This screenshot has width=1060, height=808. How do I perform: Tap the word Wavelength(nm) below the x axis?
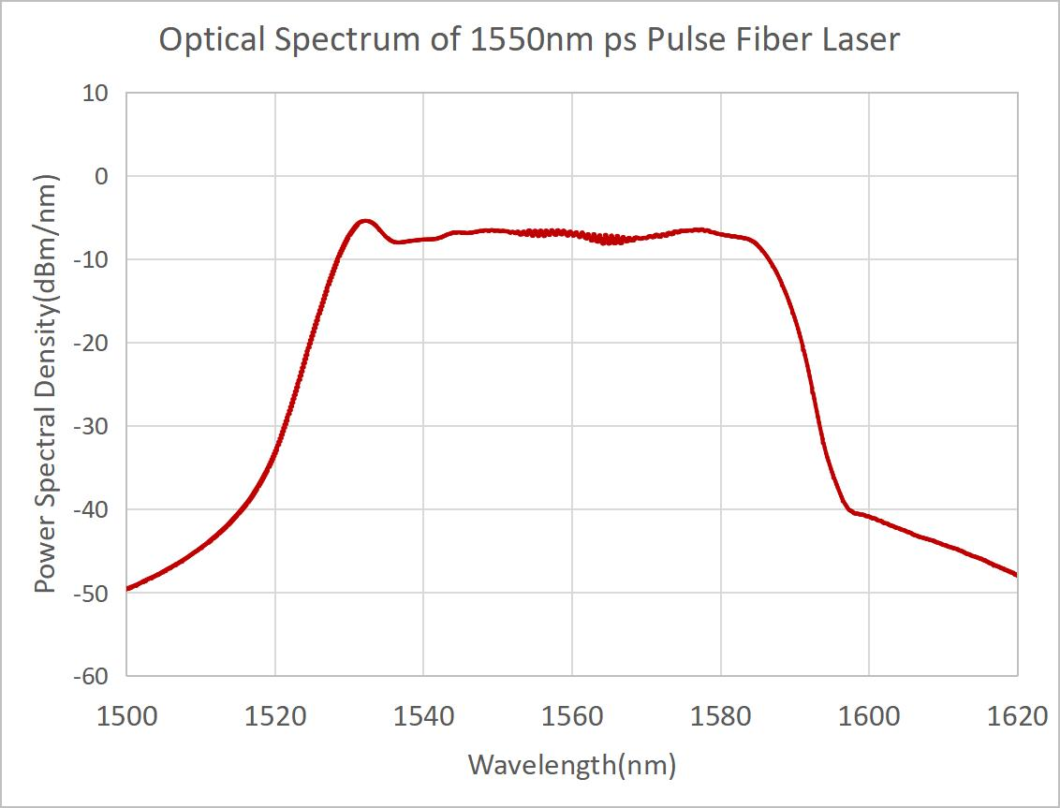(571, 765)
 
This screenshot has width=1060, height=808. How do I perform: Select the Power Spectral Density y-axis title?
(45, 384)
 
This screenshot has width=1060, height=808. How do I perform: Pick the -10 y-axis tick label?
(92, 260)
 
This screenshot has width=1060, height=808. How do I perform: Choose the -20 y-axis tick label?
(92, 344)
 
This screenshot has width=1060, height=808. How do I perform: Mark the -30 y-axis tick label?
(92, 427)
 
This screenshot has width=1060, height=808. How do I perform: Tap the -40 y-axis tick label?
(92, 510)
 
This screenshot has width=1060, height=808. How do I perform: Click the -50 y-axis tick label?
(92, 594)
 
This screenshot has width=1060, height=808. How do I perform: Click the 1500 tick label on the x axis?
(126, 717)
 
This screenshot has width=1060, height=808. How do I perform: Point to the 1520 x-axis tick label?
(275, 717)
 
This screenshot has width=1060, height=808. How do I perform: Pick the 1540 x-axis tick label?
(423, 717)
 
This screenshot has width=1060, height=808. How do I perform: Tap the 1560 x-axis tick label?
(572, 717)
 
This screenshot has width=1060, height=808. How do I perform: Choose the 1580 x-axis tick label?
(720, 717)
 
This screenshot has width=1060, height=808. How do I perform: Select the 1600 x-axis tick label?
(869, 717)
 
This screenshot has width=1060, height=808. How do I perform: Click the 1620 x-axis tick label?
(1017, 717)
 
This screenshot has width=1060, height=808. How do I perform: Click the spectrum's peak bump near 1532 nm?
(365, 222)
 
